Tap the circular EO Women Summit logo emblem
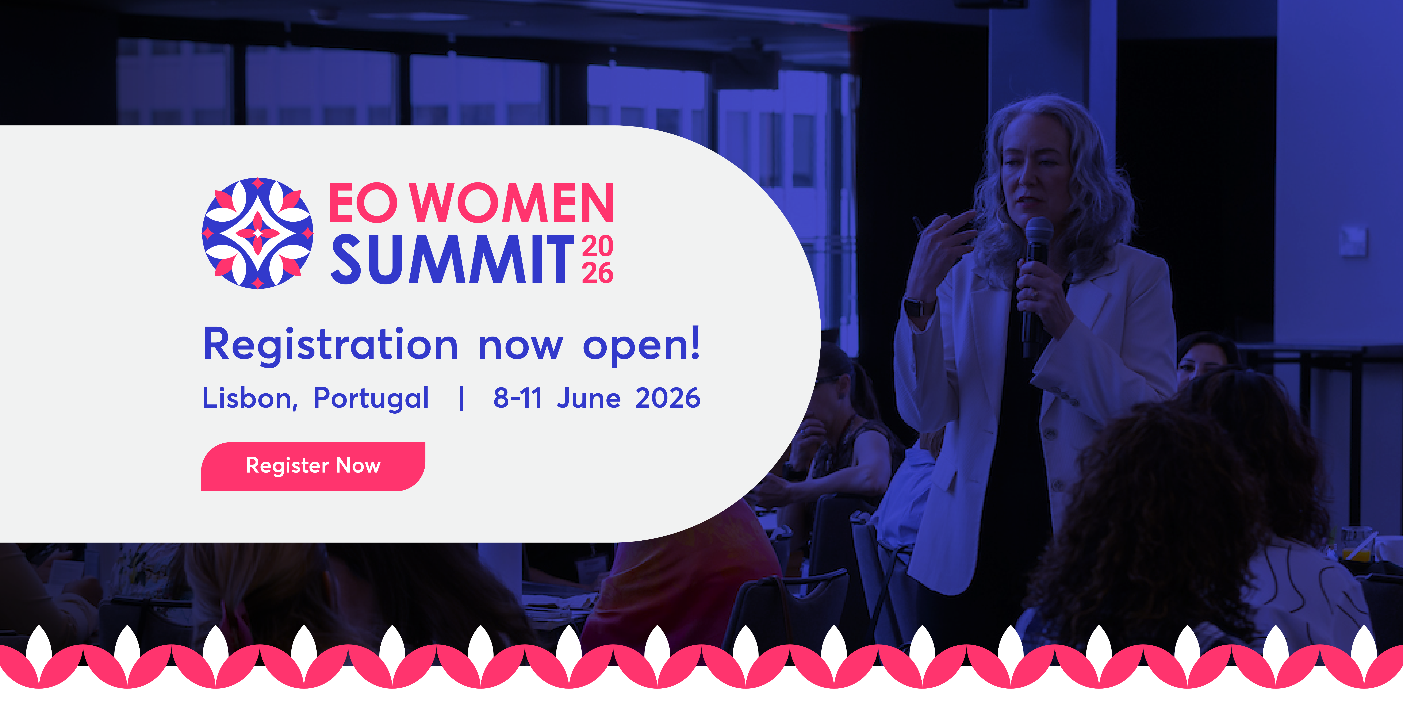point(258,233)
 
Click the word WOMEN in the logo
point(512,203)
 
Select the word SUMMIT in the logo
point(452,260)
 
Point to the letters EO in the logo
point(363,203)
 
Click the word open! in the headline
point(641,345)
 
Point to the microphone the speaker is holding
point(1038,240)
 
